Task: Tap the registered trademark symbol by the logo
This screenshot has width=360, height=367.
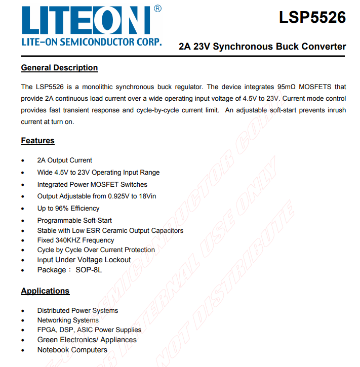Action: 157,9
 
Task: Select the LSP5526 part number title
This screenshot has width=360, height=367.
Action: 312,18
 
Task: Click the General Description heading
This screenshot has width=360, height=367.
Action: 59,68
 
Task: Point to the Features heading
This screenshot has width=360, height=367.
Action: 37,141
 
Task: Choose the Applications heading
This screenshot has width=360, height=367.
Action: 45,291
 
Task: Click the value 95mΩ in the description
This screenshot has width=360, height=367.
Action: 289,87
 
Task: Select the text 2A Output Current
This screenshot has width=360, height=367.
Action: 64,160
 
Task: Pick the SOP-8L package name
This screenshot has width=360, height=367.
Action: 89,270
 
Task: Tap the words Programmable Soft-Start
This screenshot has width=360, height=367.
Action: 74,220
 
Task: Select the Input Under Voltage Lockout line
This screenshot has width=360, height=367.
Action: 84,260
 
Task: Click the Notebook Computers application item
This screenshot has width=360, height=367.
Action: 72,350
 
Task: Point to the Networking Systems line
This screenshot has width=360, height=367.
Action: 68,320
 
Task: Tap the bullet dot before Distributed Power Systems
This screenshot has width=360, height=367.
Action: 23,311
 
